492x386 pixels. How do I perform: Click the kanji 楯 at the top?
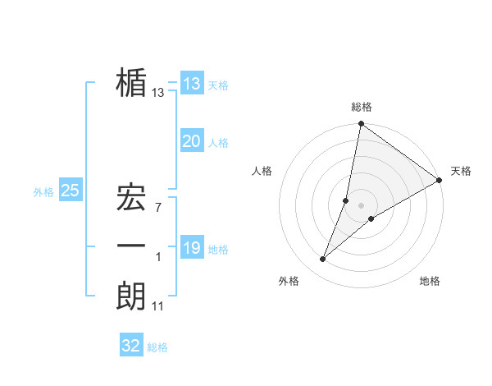coord(132,84)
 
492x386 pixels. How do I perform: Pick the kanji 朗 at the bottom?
coord(132,296)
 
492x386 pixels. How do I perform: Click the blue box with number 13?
coord(191,84)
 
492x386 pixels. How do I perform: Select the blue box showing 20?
coord(191,141)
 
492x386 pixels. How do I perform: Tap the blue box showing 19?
coord(191,248)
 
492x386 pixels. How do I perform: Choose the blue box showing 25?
coord(70,191)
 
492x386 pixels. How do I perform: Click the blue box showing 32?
coord(131,346)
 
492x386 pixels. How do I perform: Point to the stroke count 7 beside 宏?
coord(158,208)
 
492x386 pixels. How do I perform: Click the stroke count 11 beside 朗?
coord(157,306)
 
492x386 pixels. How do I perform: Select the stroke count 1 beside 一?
coord(158,257)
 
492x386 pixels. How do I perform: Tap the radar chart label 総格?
coord(362,107)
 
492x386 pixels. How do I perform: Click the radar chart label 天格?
coord(461,171)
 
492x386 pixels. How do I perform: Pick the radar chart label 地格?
coord(430,281)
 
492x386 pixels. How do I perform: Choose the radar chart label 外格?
coord(289,281)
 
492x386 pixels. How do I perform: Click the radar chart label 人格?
coord(262,171)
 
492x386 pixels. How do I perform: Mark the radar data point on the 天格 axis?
coord(439,180)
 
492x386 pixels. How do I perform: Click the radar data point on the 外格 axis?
coord(323,260)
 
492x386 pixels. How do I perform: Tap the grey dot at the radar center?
coord(362,205)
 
